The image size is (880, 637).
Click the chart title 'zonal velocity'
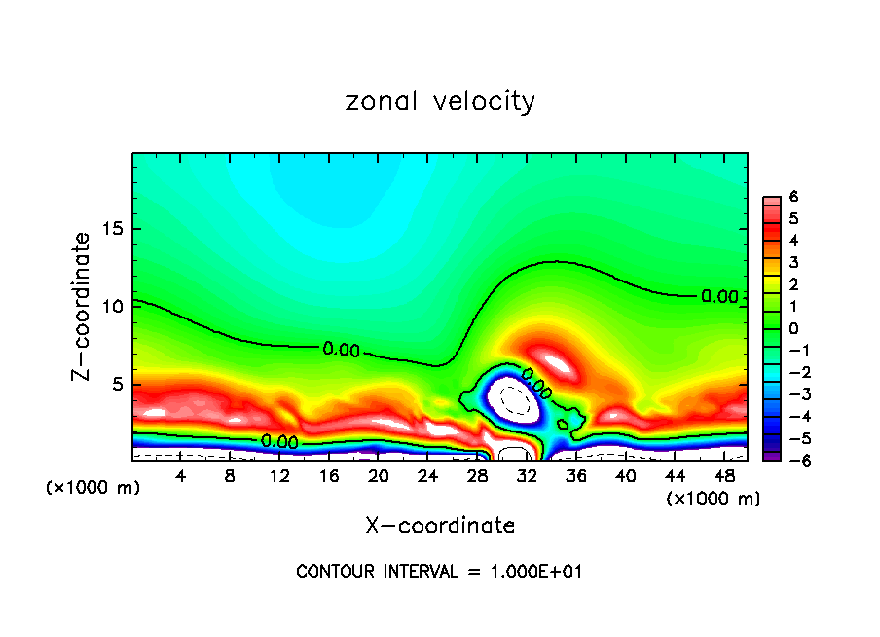point(440,101)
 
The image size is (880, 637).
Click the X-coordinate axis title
point(440,526)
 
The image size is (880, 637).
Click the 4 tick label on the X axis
point(180,476)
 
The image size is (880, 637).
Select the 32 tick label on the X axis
point(527,476)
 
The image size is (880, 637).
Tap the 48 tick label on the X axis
point(724,476)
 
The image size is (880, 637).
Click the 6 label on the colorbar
point(793,197)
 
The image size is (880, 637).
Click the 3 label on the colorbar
point(793,263)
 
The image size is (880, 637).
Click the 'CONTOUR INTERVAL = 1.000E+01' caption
point(440,572)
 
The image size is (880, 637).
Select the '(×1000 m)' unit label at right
point(714,499)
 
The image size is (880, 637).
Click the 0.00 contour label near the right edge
point(719,297)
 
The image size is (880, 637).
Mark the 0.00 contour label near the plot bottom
point(279,441)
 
